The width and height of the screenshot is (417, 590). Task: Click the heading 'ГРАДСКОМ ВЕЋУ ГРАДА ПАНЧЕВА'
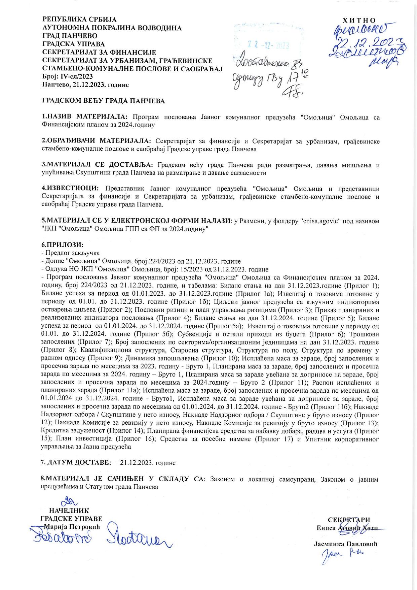(103, 101)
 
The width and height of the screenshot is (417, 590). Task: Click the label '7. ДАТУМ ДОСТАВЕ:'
(75, 462)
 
